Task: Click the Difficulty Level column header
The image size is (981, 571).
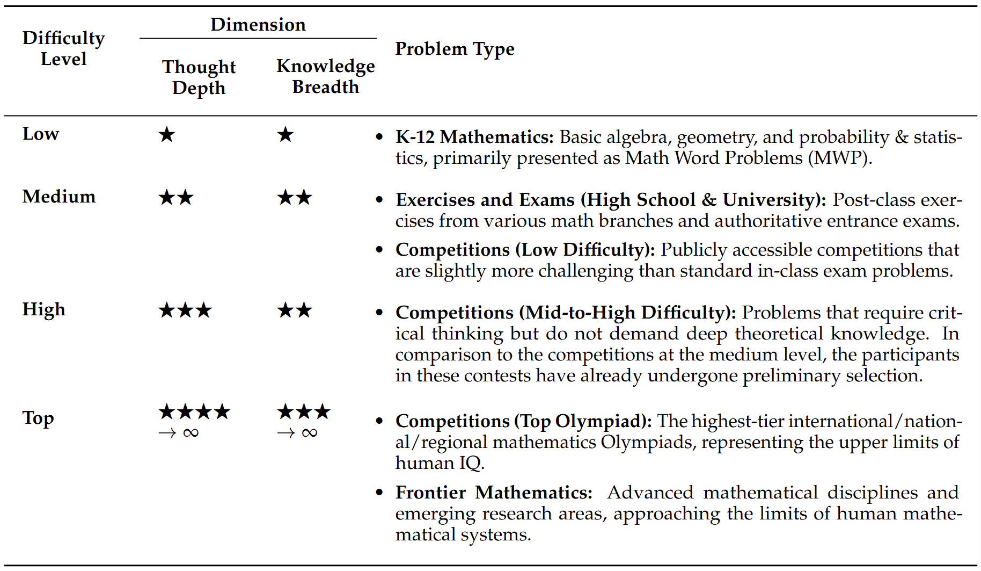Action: (63, 48)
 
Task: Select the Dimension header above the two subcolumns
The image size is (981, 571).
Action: (258, 25)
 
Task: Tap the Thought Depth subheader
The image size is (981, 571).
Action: (199, 77)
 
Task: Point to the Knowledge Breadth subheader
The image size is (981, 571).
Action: (325, 76)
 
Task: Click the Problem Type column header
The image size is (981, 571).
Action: (455, 49)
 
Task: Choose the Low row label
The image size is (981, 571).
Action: (41, 134)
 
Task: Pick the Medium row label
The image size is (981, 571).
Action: (59, 197)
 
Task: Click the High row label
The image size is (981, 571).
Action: (44, 310)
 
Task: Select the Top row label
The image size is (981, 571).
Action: (38, 418)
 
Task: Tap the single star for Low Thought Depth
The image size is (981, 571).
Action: (167, 134)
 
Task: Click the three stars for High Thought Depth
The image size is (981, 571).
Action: (185, 310)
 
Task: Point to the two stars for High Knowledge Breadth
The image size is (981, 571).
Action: (295, 310)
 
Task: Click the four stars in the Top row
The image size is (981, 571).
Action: (194, 412)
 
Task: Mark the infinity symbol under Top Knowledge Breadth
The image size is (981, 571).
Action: (310, 433)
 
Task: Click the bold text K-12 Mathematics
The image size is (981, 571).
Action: (474, 137)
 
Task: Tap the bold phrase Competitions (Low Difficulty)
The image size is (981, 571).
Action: (525, 250)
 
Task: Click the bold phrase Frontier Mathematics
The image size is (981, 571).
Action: (494, 493)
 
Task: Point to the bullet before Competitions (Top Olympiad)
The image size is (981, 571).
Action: (379, 421)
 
